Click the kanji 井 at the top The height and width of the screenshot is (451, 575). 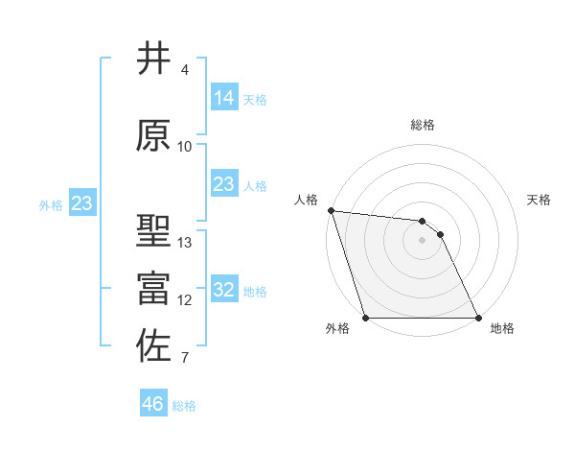pyautogui.click(x=153, y=59)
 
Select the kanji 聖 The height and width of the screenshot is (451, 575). pyautogui.click(x=153, y=232)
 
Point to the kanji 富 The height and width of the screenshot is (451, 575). pyautogui.click(x=153, y=288)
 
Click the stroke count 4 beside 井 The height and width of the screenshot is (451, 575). pyautogui.click(x=184, y=70)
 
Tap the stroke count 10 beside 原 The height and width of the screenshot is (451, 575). pyautogui.click(x=185, y=147)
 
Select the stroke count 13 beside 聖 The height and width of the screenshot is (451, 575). pyautogui.click(x=185, y=243)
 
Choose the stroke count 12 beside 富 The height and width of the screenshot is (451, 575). pyautogui.click(x=185, y=300)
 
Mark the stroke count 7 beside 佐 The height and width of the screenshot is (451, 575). pyautogui.click(x=184, y=359)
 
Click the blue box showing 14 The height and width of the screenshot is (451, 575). pyautogui.click(x=224, y=98)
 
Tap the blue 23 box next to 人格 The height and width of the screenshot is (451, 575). pyautogui.click(x=224, y=184)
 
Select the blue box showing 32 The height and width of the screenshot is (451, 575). pyautogui.click(x=224, y=290)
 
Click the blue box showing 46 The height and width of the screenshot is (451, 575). pyautogui.click(x=153, y=404)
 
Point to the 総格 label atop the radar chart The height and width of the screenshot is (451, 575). pyautogui.click(x=423, y=125)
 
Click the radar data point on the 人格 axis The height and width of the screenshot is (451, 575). pyautogui.click(x=331, y=210)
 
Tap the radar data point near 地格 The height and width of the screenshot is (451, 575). pyautogui.click(x=478, y=318)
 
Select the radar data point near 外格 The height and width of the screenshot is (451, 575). pyautogui.click(x=366, y=318)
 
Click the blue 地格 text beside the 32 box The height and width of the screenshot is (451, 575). pyautogui.click(x=255, y=291)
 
